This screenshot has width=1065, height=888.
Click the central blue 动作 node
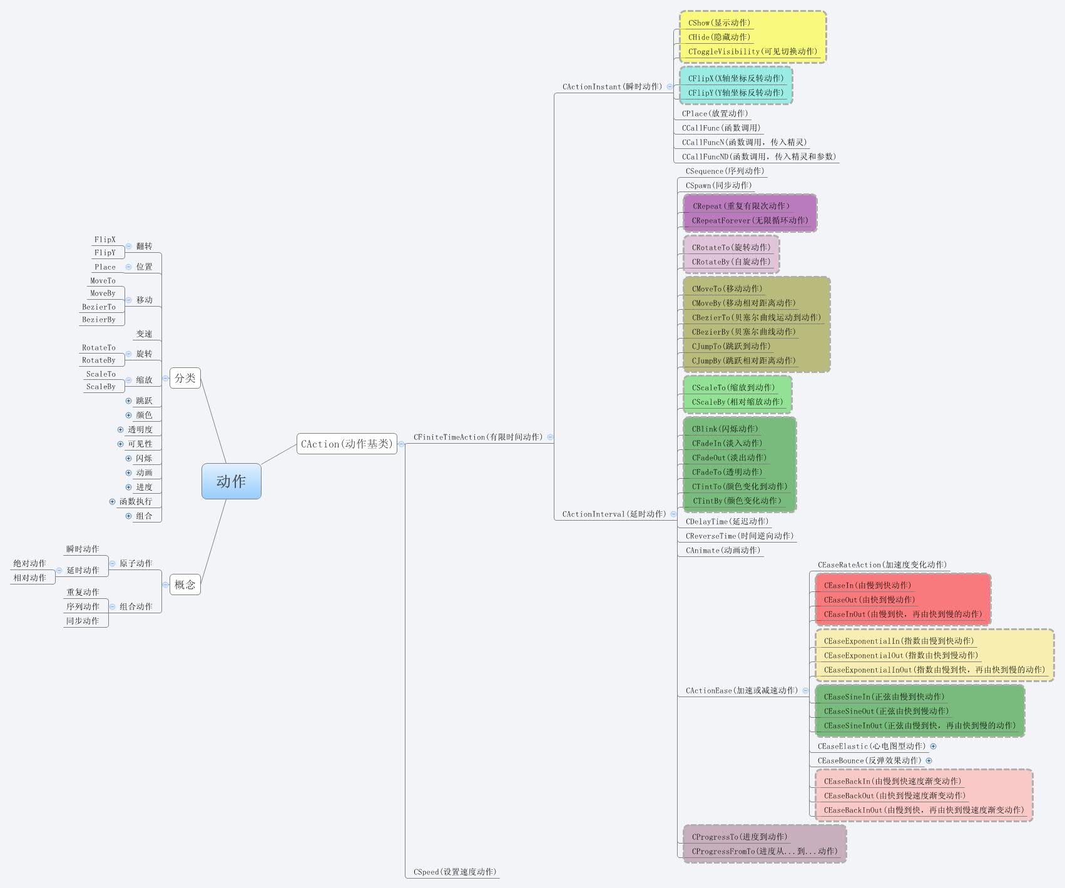(231, 481)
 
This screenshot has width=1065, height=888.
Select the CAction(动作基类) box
(347, 444)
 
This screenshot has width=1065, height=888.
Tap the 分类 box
(185, 378)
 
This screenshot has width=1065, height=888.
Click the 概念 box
(185, 584)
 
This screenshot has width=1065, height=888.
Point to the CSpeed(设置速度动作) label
(454, 872)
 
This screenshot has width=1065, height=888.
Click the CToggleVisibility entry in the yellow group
(752, 51)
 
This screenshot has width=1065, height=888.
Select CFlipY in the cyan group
(735, 93)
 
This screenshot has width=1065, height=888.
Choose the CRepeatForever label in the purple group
(750, 220)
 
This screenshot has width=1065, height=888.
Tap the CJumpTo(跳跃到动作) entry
(731, 346)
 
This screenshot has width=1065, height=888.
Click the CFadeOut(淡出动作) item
(729, 457)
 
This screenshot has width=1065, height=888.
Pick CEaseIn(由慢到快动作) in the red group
(867, 585)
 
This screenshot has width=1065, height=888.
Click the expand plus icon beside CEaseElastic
(933, 746)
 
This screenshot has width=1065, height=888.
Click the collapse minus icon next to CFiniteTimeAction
(551, 437)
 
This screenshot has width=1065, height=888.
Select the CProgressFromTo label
(764, 851)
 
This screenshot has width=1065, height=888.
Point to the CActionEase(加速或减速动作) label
(741, 690)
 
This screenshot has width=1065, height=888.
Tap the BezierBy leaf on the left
(99, 319)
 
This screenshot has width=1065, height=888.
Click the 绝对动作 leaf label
(29, 563)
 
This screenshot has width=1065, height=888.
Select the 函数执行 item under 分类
(136, 501)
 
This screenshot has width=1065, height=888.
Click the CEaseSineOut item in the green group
(886, 711)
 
